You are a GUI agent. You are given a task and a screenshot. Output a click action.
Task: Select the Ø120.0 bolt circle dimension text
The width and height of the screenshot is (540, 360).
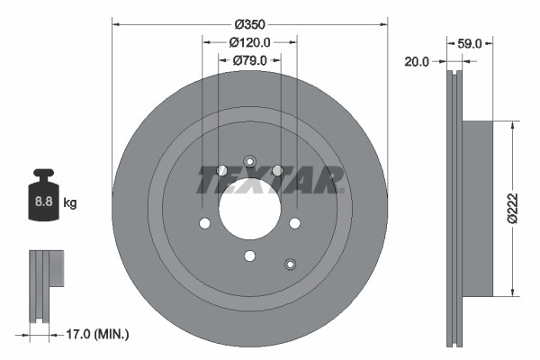(250, 42)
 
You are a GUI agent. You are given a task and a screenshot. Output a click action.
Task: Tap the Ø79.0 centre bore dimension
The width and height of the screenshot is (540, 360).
(251, 60)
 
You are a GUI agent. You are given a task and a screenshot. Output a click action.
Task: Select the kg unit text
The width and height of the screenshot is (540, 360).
(70, 203)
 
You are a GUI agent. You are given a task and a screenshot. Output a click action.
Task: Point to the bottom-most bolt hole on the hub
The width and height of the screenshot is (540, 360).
(249, 256)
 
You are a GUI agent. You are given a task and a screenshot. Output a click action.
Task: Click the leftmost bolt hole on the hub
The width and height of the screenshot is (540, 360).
(205, 223)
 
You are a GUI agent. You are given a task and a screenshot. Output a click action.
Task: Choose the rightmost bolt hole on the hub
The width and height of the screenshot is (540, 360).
(293, 223)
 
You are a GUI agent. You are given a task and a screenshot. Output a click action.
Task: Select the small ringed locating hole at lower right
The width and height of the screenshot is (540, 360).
(290, 264)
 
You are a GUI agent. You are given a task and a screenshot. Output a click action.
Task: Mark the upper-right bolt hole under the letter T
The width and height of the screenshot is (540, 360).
(277, 171)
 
